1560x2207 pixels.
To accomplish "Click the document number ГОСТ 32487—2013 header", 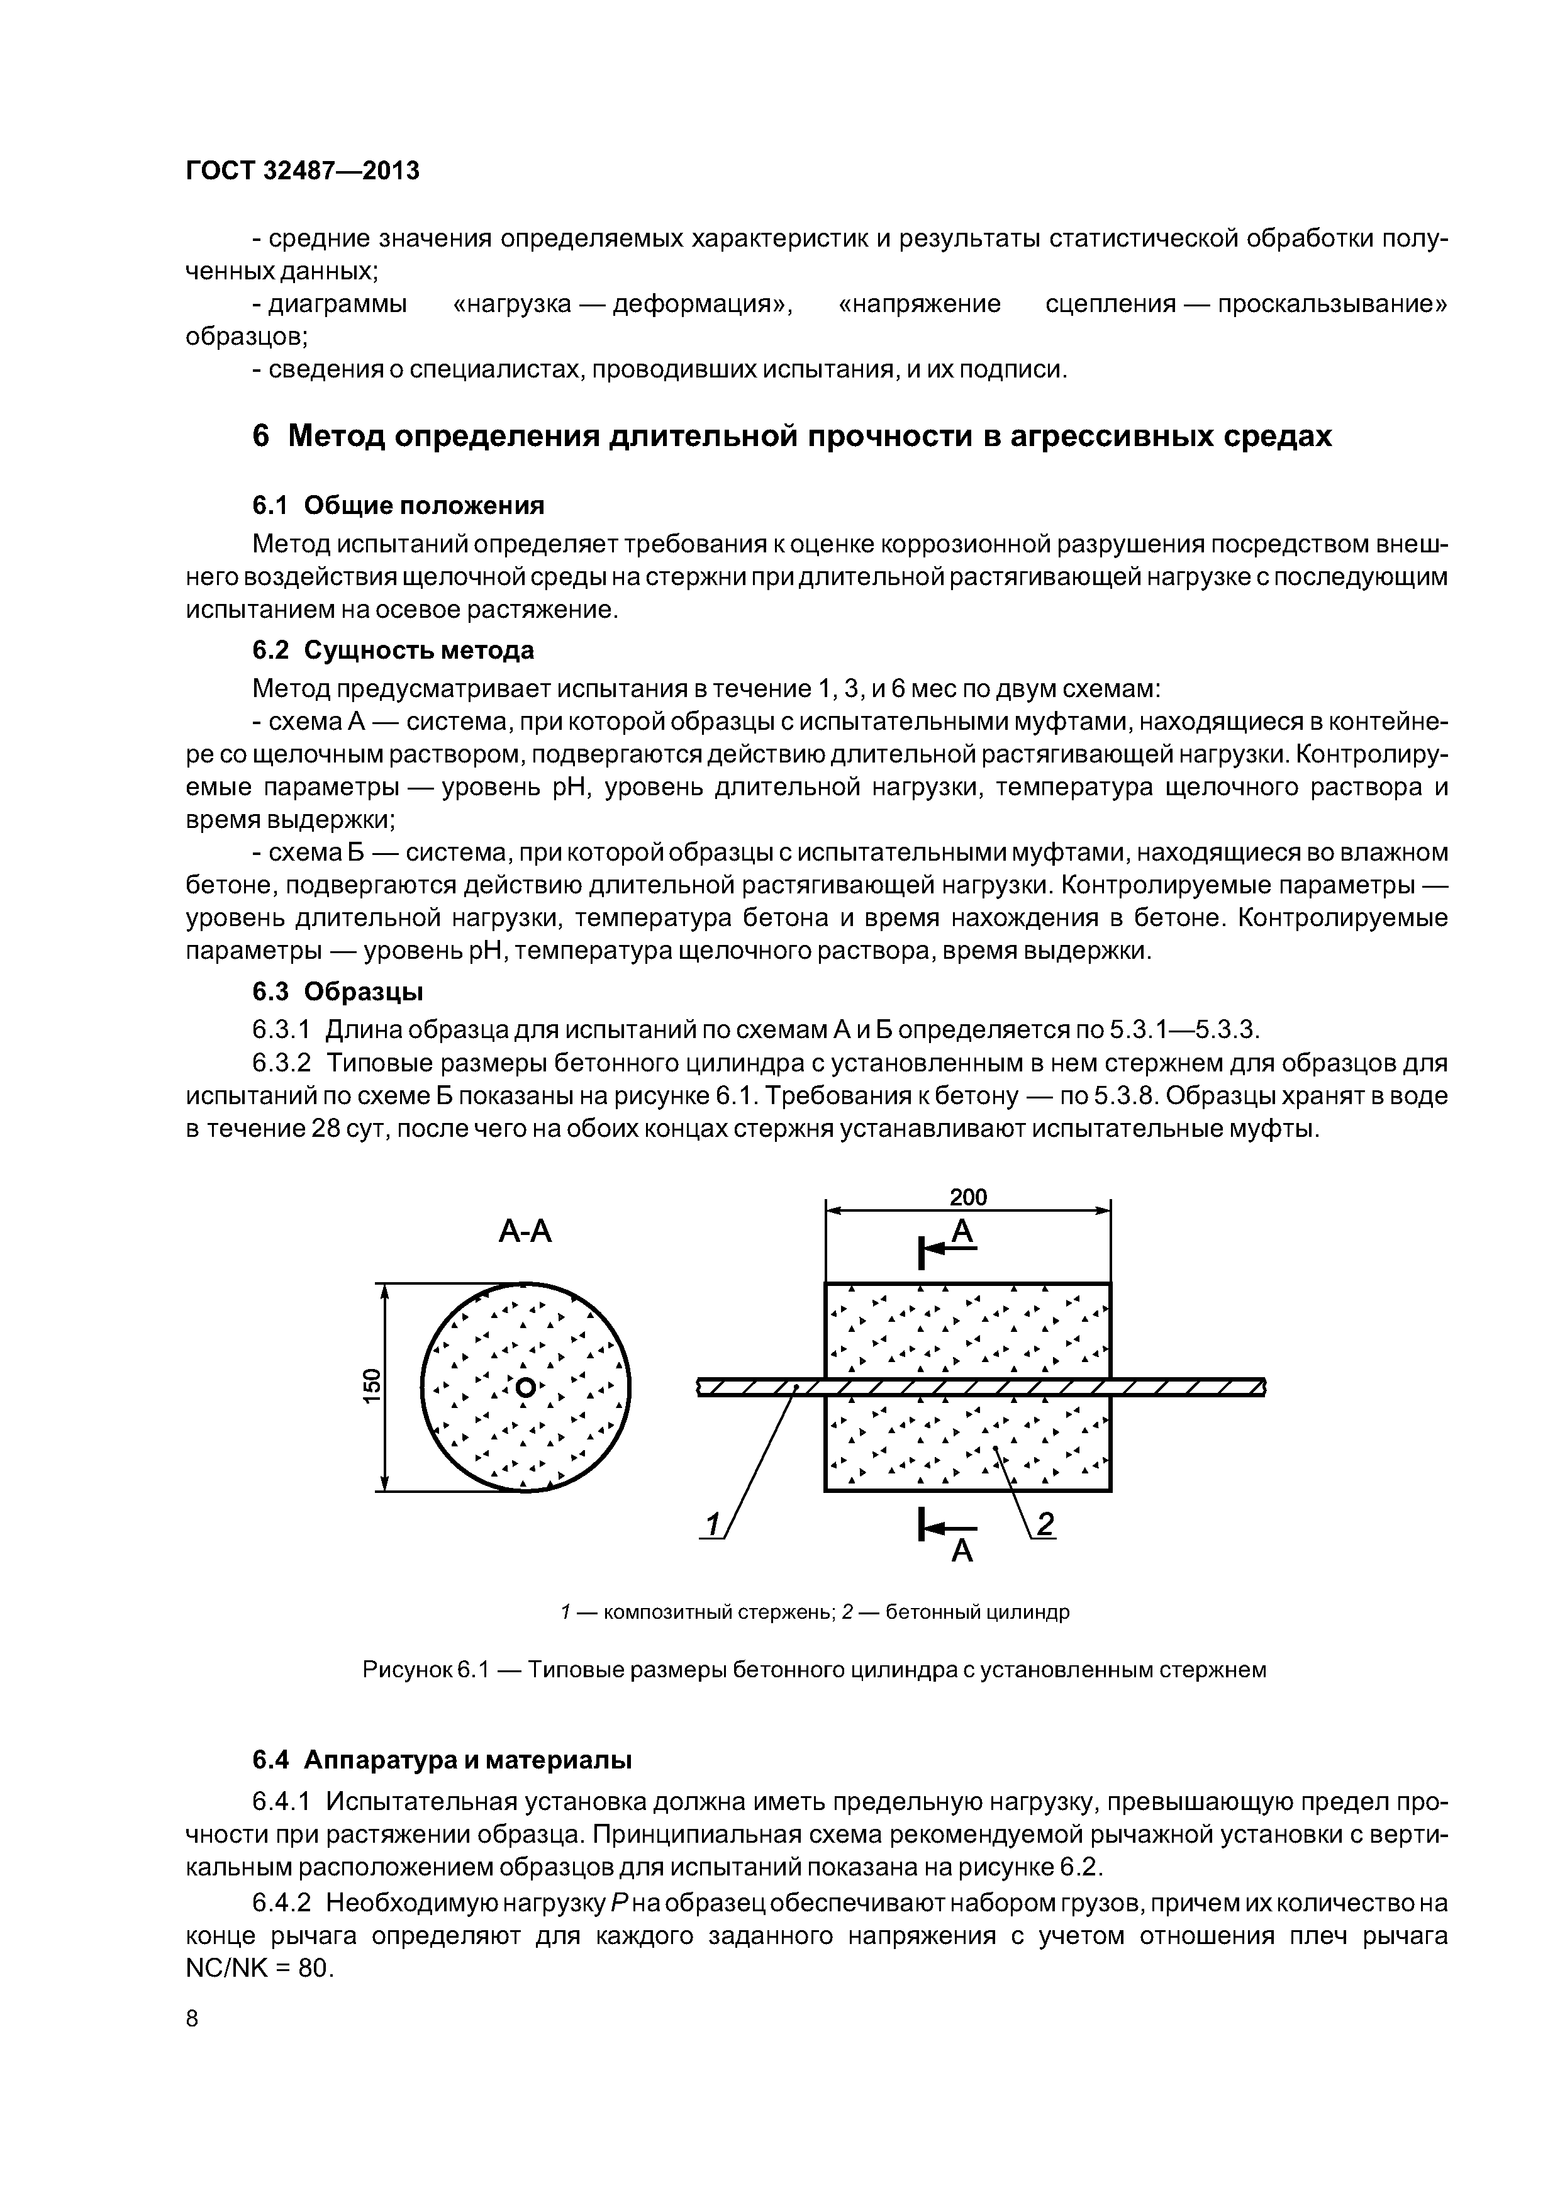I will (302, 171).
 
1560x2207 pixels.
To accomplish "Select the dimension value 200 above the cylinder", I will (968, 1197).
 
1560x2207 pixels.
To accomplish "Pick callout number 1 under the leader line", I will (712, 1526).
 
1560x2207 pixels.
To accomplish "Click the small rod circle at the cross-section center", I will (525, 1387).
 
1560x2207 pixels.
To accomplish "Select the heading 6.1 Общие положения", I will (398, 506).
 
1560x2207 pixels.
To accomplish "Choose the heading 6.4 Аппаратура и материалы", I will (442, 1760).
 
